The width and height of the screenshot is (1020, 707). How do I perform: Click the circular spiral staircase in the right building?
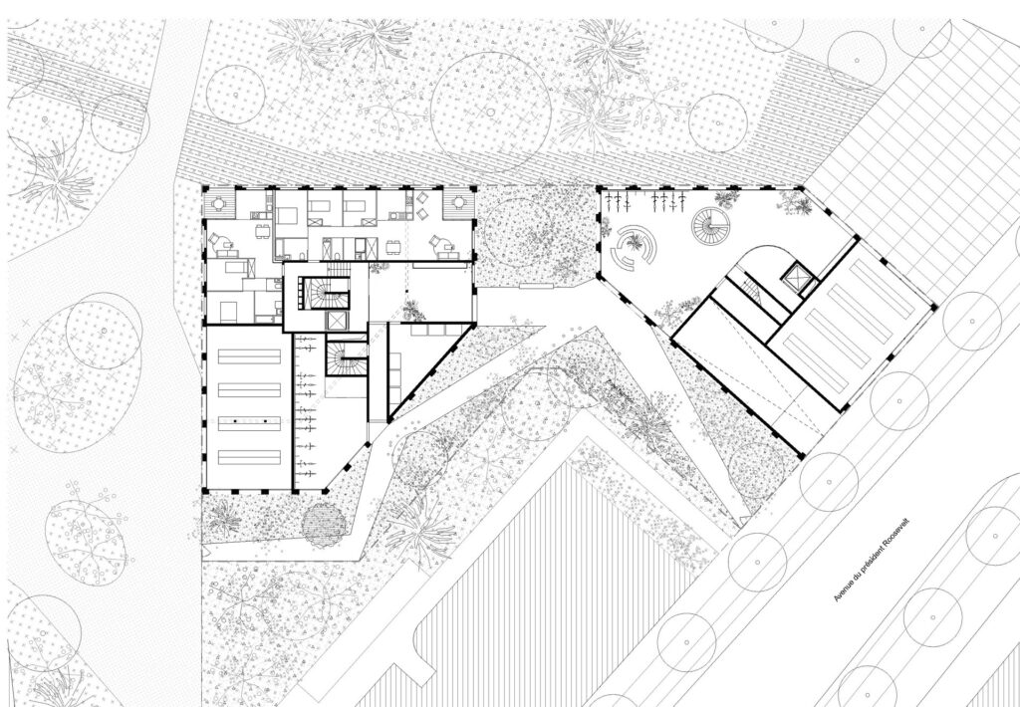(709, 226)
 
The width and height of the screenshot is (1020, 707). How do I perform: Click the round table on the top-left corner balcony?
(218, 204)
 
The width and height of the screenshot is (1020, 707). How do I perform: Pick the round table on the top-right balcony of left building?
(459, 203)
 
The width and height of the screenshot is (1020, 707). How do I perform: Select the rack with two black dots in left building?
(249, 423)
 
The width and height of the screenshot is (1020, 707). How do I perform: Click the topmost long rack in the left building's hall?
(249, 356)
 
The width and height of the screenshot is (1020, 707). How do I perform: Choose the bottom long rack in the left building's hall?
(249, 457)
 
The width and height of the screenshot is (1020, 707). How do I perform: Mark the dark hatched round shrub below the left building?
(324, 525)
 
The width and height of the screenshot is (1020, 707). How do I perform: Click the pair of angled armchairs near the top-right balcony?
(422, 205)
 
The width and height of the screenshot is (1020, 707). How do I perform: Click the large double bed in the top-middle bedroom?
(287, 216)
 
